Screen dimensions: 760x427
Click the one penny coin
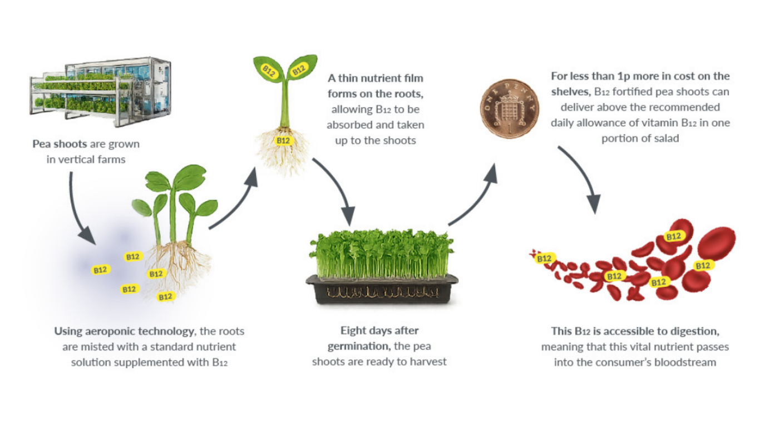pyautogui.click(x=510, y=108)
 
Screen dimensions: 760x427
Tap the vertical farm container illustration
pyautogui.click(x=101, y=92)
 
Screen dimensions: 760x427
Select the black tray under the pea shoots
pyautogui.click(x=382, y=289)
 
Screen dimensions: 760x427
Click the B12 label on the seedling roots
pyautogui.click(x=283, y=141)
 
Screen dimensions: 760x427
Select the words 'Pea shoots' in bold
pyautogui.click(x=60, y=144)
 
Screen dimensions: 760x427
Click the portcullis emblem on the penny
pyautogui.click(x=509, y=110)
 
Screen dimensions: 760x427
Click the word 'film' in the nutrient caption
pyautogui.click(x=413, y=78)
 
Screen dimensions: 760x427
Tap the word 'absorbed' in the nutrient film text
pyautogui.click(x=349, y=125)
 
